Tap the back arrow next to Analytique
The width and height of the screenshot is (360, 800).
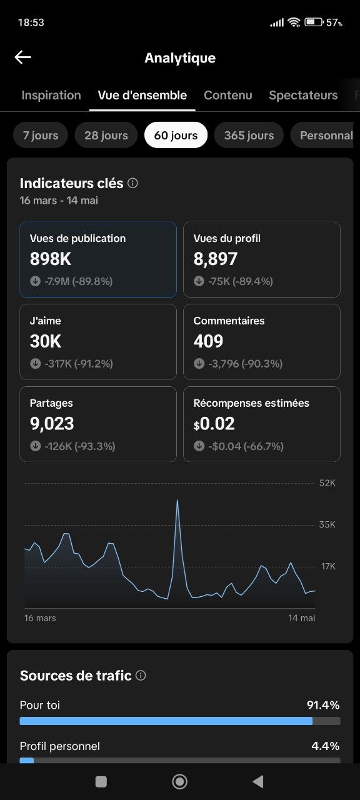(23, 57)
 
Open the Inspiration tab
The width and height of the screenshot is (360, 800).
(51, 96)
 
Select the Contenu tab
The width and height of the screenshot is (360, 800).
(228, 96)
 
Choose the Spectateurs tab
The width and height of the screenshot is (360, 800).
(303, 96)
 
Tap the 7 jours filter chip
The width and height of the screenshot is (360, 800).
(41, 135)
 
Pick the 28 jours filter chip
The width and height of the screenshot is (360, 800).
(106, 135)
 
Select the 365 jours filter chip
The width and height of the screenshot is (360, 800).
(249, 135)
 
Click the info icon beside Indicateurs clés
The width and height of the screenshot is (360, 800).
(133, 183)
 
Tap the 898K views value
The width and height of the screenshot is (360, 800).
(51, 259)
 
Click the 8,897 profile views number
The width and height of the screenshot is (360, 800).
(216, 259)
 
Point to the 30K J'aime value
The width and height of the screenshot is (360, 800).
(46, 341)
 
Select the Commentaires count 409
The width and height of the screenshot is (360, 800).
(208, 341)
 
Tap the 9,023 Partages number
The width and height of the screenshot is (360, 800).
(52, 424)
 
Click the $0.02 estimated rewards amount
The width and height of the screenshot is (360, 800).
(214, 424)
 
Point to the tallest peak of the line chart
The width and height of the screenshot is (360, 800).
(177, 500)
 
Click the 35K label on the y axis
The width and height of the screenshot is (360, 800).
(327, 524)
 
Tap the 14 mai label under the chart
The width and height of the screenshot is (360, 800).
(302, 618)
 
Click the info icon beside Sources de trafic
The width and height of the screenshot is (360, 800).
(141, 676)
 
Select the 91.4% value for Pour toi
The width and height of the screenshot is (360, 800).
(323, 705)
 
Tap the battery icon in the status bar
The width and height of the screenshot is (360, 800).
(314, 22)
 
